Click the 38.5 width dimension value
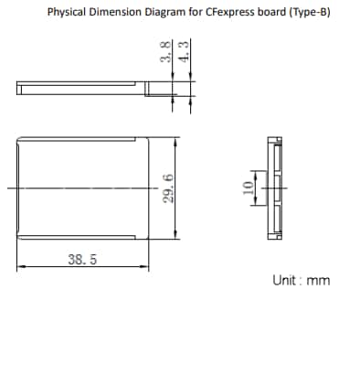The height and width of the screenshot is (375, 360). coord(82,259)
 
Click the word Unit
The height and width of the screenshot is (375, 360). coord(284,280)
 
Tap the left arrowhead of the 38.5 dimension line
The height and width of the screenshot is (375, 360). coord(19,267)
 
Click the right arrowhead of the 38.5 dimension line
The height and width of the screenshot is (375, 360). coord(147,267)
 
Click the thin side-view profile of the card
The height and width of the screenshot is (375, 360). coord(82,90)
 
